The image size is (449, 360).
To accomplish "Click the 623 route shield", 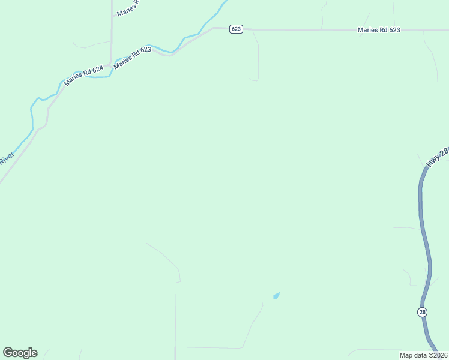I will pos(236,29).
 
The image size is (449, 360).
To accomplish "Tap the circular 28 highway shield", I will pos(423,312).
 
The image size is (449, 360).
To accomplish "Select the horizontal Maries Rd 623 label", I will pos(378,29).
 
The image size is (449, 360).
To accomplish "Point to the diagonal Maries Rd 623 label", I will pos(132,58).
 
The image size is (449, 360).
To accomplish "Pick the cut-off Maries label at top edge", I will pos(127,8).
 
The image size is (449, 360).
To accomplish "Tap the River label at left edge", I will pos(6,159).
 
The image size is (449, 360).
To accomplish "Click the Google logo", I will pos(20,353).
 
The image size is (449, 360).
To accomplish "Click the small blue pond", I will pos(276,295).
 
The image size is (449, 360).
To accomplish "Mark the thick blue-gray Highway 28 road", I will pos(425,240).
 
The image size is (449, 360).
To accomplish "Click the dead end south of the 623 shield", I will pos(254,79).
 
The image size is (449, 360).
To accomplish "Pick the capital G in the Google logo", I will pos(8,353).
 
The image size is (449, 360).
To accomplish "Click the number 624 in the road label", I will pos(97,70).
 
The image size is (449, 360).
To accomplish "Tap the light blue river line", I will pos(31,114).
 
